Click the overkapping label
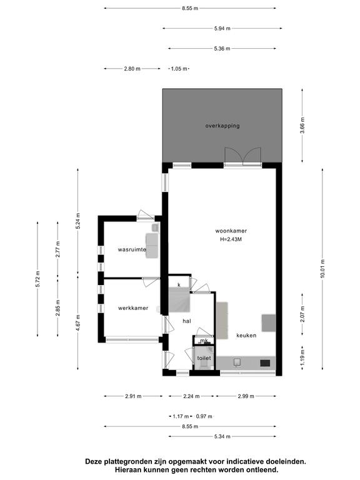222,126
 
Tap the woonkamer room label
231,231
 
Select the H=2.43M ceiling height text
231,239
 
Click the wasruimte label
132,249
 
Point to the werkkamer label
133,308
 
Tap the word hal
187,321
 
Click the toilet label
204,358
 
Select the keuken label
246,336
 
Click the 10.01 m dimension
322,269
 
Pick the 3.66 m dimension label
302,126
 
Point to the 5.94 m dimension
222,29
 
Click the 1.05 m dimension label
179,69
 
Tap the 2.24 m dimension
191,396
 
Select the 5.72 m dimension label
37,279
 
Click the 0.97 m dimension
204,416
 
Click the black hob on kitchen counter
265,363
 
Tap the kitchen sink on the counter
237,362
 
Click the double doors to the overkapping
243,157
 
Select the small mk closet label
204,341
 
